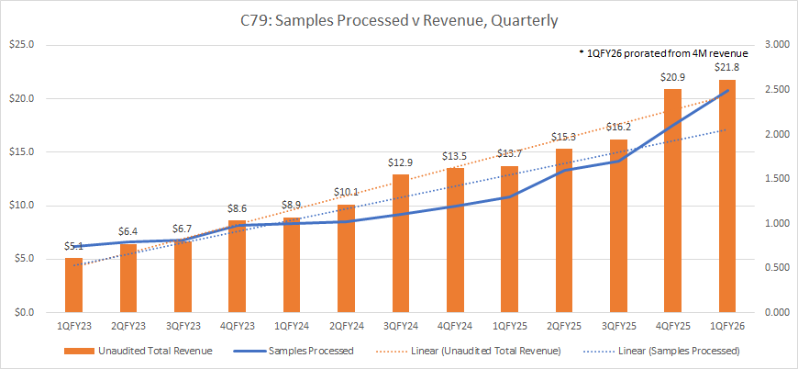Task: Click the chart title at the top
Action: point(398,18)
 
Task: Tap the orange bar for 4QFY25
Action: point(672,201)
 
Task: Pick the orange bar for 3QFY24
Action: point(401,243)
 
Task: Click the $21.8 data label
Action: point(726,69)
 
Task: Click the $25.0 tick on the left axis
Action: point(22,44)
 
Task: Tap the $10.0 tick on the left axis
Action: point(22,206)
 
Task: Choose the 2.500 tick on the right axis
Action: point(773,89)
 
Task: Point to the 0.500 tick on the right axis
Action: point(773,268)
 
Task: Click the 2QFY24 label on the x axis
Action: point(346,325)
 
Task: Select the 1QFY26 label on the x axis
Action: point(726,325)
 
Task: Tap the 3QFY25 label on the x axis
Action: point(618,325)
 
